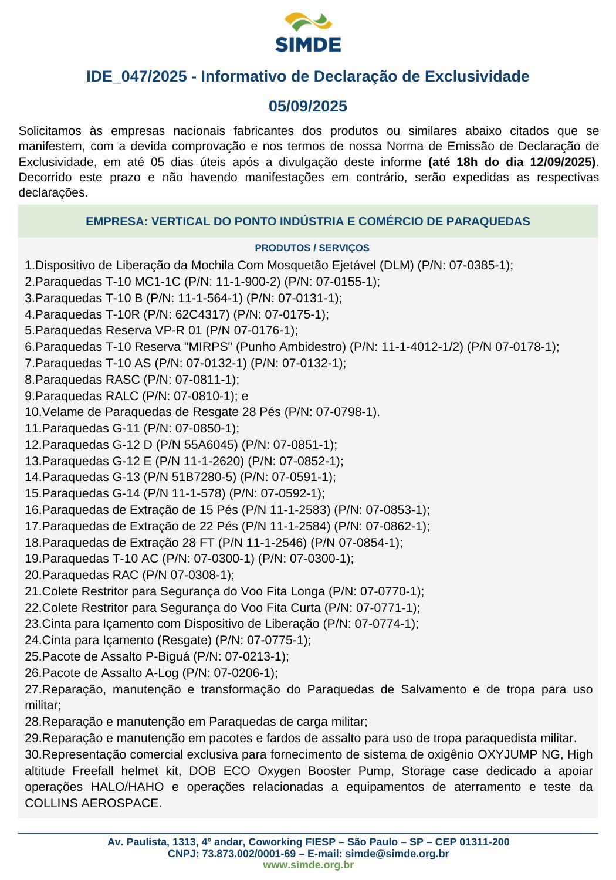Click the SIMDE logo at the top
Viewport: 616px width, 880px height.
(x=308, y=33)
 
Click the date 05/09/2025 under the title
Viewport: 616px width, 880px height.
(x=308, y=106)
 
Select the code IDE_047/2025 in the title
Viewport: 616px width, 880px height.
(x=137, y=76)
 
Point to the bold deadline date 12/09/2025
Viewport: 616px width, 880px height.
(x=564, y=162)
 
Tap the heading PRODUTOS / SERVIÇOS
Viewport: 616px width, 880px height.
(x=312, y=248)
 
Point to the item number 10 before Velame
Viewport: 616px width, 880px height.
(x=31, y=412)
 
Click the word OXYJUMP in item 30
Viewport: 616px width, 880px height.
(x=506, y=754)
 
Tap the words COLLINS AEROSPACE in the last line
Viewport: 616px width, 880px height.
(x=92, y=803)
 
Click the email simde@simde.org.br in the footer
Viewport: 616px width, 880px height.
(x=397, y=854)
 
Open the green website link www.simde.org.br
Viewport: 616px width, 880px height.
(x=308, y=865)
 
